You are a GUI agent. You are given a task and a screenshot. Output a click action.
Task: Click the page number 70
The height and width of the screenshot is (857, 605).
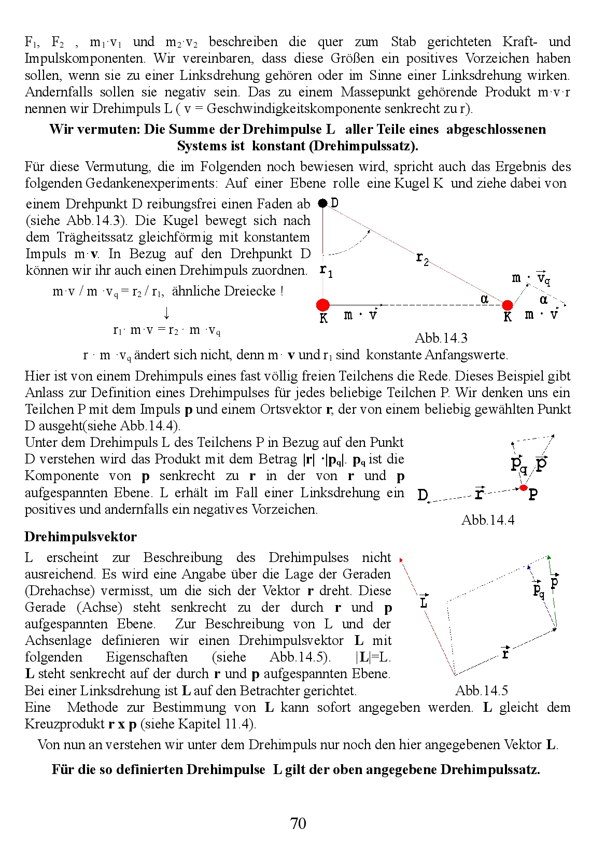click(298, 823)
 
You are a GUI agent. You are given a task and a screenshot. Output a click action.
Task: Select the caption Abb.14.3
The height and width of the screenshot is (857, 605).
click(441, 338)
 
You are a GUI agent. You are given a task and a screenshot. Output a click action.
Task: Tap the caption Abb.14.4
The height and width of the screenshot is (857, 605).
click(487, 520)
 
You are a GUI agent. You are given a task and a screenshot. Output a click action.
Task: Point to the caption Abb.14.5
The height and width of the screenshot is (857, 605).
click(481, 691)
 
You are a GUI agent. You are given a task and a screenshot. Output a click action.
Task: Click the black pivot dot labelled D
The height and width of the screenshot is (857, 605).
click(322, 203)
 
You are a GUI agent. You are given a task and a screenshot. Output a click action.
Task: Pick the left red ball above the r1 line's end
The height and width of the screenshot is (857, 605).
click(323, 304)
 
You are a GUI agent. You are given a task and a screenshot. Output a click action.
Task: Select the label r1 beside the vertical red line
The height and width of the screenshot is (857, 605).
click(326, 270)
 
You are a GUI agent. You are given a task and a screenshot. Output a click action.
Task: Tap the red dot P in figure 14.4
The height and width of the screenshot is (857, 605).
click(524, 488)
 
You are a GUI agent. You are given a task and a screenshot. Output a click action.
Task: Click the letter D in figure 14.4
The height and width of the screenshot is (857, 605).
click(423, 495)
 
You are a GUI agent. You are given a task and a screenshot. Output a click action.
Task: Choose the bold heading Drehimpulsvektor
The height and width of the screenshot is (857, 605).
click(80, 537)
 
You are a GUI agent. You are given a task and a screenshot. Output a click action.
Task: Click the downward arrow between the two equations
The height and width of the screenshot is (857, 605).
click(166, 313)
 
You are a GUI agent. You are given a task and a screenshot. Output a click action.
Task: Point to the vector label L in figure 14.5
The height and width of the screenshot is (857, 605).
click(424, 602)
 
